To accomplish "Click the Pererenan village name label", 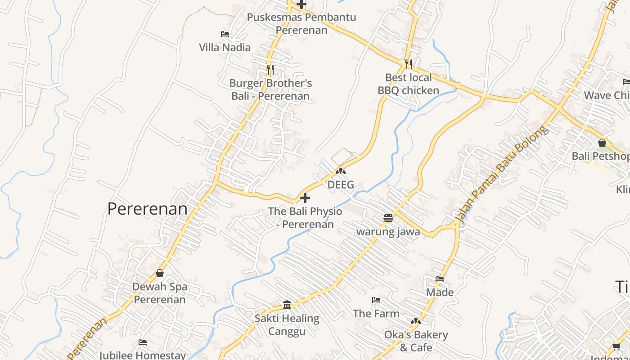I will coord(147,209).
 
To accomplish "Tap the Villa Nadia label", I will coord(225,47).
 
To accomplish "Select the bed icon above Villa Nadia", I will coord(225,34).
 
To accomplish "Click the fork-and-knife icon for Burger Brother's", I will coord(270,70).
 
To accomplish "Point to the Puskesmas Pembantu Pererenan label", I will coord(301,24).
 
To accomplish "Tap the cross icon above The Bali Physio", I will coord(305,198).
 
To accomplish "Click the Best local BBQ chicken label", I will coord(408,84).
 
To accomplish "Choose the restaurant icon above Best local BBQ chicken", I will coord(408,64).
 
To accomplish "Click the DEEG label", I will coord(341,184).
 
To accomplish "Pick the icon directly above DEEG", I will coord(341,171).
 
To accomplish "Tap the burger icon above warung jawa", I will coord(388,219).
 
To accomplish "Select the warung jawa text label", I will coord(388,232).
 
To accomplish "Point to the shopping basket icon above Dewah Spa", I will coord(160,273).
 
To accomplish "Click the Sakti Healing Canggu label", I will coord(287,325).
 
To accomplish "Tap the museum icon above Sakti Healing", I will coord(287,305).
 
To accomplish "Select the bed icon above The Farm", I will coord(376,300).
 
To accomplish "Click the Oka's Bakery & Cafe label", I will coord(416,341).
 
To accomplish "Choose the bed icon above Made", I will coord(440,279).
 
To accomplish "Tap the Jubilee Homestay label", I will coord(142,355).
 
